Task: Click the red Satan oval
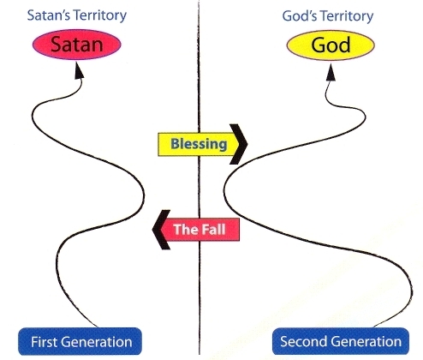pos(77,45)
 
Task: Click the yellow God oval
pos(331,45)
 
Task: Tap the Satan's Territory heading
pos(77,15)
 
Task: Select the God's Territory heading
pos(328,16)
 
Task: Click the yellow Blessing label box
pos(197,144)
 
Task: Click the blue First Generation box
pos(80,341)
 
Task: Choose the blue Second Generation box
pos(341,341)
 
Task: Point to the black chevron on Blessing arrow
pos(239,144)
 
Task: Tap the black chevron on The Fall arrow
pos(160,230)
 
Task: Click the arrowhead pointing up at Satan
pos(79,71)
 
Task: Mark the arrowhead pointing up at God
pos(331,72)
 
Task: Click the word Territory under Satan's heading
pos(100,15)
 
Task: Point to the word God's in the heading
pos(299,16)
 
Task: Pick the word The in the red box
pos(184,229)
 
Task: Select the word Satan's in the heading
pos(49,15)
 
